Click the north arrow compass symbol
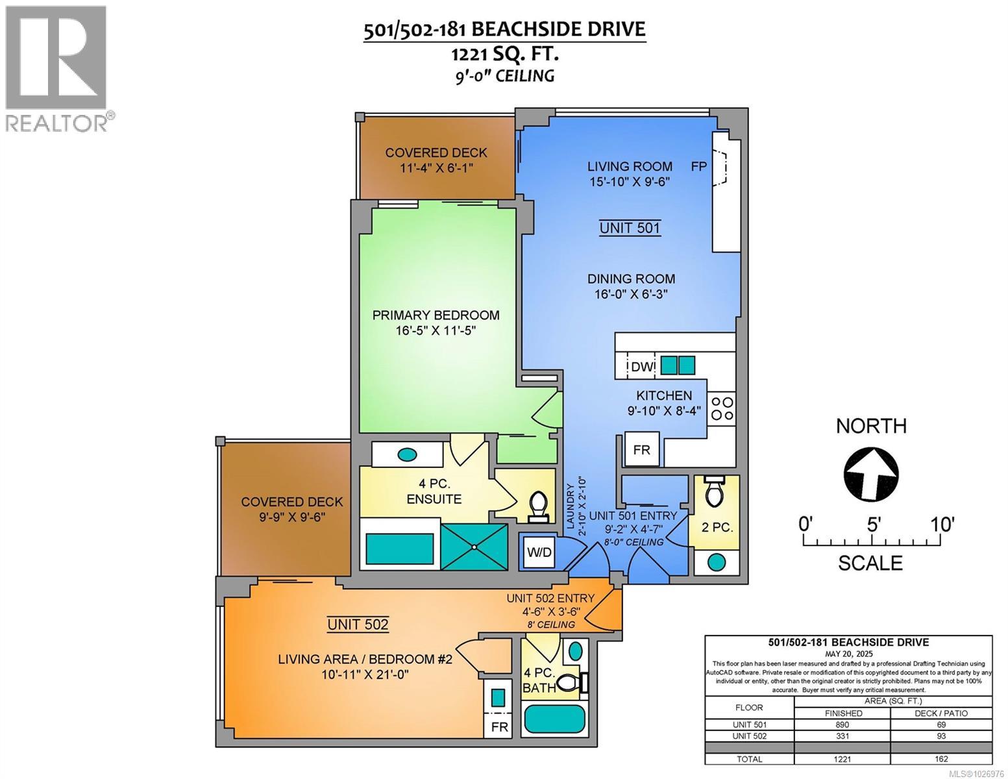[870, 476]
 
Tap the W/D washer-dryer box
[539, 552]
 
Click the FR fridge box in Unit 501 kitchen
[641, 449]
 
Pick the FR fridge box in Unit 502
[499, 726]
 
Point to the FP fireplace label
[698, 167]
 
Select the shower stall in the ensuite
[474, 547]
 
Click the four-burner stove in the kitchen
[722, 409]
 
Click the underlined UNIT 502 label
[358, 624]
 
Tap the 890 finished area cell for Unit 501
[843, 724]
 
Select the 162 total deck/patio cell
[941, 759]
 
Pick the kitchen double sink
[678, 365]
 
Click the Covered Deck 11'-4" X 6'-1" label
[436, 160]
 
